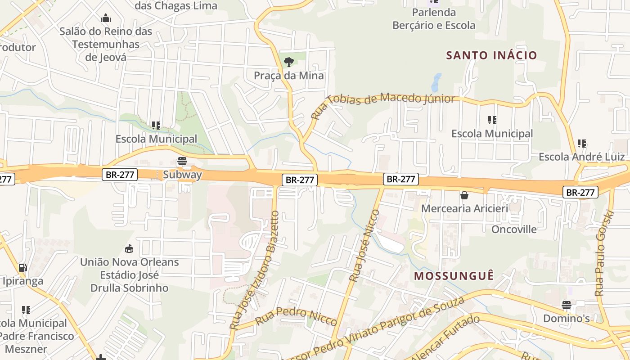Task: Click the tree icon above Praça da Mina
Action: click(289, 62)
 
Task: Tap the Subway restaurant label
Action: click(182, 175)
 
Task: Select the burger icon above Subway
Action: click(182, 161)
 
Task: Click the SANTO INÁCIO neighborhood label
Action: click(491, 55)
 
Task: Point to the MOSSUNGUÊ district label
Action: click(454, 275)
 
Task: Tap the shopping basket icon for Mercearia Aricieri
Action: click(464, 195)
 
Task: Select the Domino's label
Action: click(566, 319)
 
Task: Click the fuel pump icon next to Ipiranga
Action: click(22, 268)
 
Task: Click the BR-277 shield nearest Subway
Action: click(120, 175)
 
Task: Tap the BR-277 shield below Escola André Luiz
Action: click(580, 193)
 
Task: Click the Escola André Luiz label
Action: click(581, 157)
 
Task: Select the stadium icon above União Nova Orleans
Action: click(129, 248)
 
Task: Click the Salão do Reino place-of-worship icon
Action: click(106, 18)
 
